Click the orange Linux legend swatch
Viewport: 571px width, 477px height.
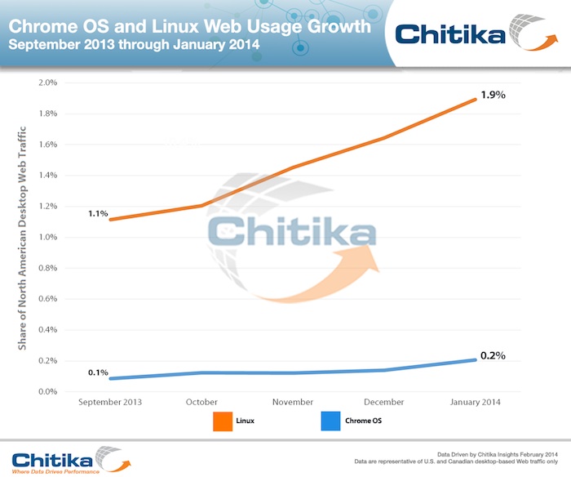click(x=223, y=421)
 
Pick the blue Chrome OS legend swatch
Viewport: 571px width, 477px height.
click(x=330, y=421)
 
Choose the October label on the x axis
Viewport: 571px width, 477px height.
click(x=201, y=402)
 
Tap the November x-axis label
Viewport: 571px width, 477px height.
click(x=293, y=402)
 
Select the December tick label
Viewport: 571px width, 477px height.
click(x=384, y=402)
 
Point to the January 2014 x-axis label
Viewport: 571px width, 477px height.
click(x=475, y=402)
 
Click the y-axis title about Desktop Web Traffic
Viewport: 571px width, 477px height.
click(x=23, y=237)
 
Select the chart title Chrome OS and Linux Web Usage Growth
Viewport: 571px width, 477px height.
click(x=188, y=27)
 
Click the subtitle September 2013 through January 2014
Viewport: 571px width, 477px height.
click(x=134, y=45)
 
